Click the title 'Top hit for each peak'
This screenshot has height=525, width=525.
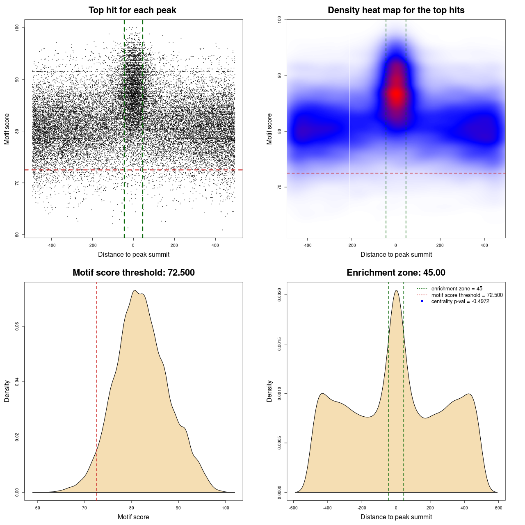click(x=132, y=10)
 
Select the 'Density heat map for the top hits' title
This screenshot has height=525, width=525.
click(x=396, y=10)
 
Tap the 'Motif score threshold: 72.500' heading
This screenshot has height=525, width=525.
click(x=133, y=273)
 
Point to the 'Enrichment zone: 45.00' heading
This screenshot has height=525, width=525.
click(x=396, y=273)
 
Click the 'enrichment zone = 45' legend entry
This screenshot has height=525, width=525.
click(x=457, y=289)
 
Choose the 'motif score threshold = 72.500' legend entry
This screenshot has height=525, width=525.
click(x=467, y=295)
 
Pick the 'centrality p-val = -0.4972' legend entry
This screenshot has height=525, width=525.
click(x=460, y=301)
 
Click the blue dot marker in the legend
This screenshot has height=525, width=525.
click(x=422, y=301)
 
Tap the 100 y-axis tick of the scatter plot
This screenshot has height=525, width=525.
click(x=17, y=27)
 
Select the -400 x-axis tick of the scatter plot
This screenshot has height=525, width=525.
click(x=51, y=245)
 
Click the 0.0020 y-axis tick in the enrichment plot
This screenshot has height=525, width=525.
click(x=280, y=295)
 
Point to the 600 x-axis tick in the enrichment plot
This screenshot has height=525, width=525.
click(x=498, y=508)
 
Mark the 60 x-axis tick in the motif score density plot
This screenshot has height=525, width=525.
click(x=38, y=508)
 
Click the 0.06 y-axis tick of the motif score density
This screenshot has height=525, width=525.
click(x=17, y=326)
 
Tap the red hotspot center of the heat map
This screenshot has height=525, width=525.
click(x=396, y=94)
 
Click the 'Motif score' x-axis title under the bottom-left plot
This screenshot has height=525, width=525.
click(x=133, y=517)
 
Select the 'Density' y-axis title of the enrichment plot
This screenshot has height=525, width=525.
click(x=269, y=391)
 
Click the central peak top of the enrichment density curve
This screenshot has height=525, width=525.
click(x=396, y=291)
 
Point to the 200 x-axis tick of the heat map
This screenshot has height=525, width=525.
click(x=440, y=245)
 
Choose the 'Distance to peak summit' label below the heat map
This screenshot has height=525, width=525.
click(x=396, y=254)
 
